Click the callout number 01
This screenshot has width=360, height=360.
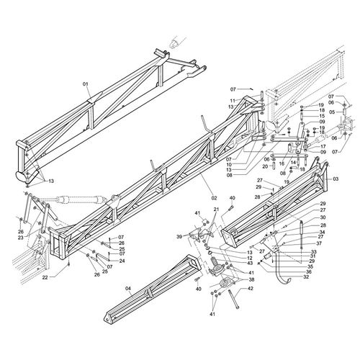pyautogui.click(x=86, y=84)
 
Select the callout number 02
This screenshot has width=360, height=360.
pyautogui.click(x=214, y=198)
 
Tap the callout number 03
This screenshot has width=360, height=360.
pyautogui.click(x=336, y=179)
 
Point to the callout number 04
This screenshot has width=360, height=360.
pyautogui.click(x=129, y=288)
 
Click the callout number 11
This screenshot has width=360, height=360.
pyautogui.click(x=233, y=101)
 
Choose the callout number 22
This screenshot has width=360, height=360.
pyautogui.click(x=45, y=277)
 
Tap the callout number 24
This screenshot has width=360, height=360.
pyautogui.click(x=122, y=261)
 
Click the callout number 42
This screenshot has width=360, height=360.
pyautogui.click(x=250, y=289)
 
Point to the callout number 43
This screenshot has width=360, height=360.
pyautogui.click(x=250, y=264)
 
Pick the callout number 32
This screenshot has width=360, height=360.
pyautogui.click(x=306, y=276)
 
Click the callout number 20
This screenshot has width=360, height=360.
pyautogui.click(x=265, y=166)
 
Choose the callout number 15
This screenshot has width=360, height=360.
pyautogui.click(x=322, y=116)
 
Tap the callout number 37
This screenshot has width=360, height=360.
pyautogui.click(x=319, y=243)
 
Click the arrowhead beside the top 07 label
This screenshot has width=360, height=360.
pyautogui.click(x=251, y=89)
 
